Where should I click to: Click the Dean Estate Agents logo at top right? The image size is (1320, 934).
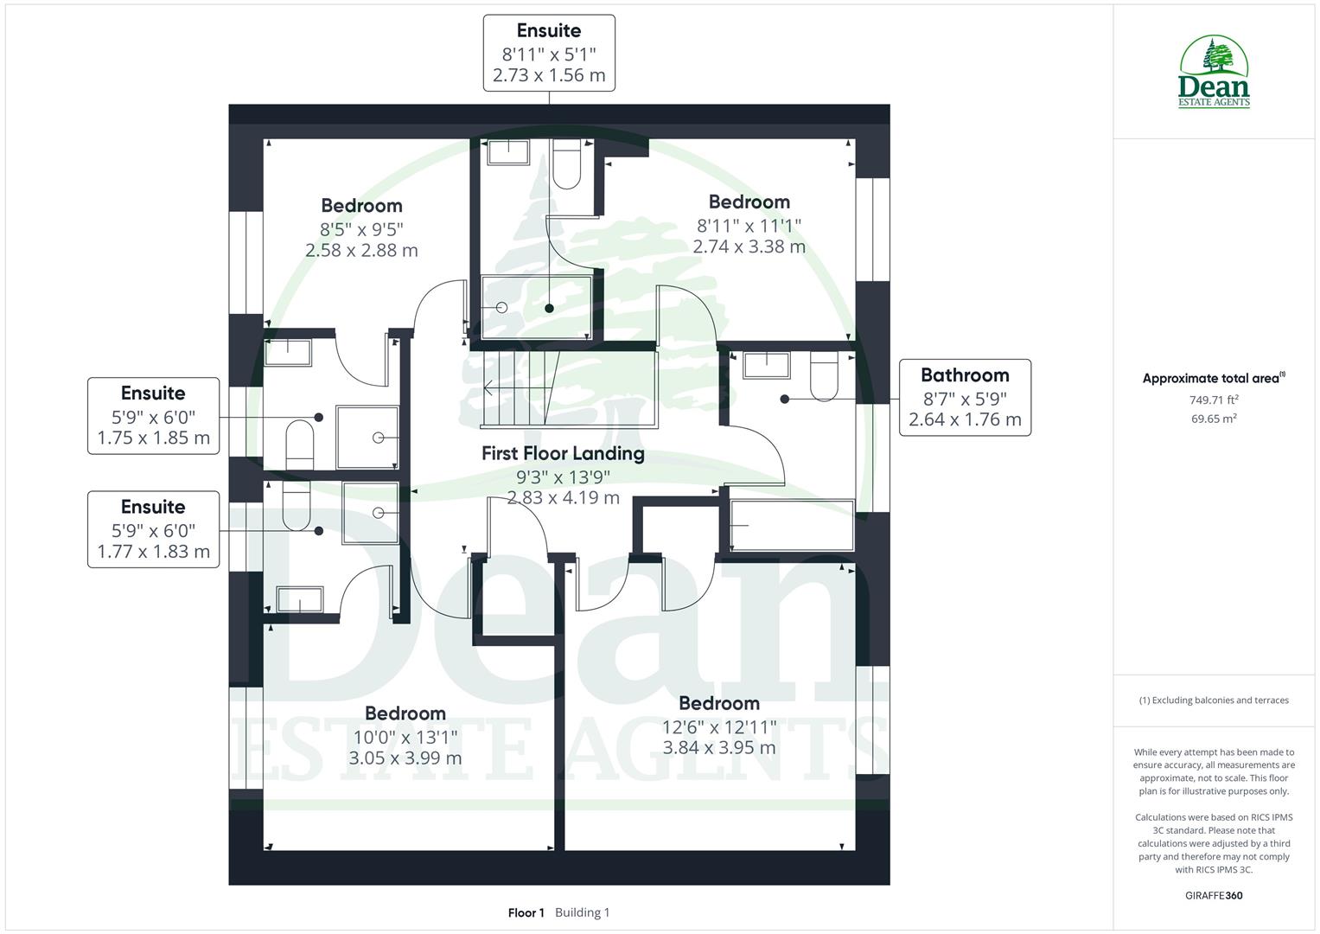(x=1214, y=73)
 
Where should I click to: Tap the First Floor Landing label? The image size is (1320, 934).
(x=563, y=453)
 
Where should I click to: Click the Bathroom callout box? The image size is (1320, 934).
(x=965, y=398)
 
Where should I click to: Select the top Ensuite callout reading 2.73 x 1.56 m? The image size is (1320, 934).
(x=549, y=53)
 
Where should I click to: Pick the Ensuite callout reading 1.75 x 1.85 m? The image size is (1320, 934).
(x=153, y=415)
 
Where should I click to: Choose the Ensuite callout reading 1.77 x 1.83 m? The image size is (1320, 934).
(x=153, y=529)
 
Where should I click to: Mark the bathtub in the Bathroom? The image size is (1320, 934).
(x=792, y=525)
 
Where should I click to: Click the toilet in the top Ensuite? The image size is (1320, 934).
(x=567, y=164)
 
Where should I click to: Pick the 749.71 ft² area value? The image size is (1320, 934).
(x=1214, y=400)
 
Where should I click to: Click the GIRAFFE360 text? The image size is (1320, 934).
(x=1214, y=895)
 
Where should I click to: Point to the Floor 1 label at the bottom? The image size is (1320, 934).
(x=526, y=912)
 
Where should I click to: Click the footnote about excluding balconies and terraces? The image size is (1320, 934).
(x=1214, y=700)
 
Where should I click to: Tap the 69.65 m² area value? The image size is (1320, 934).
(x=1214, y=419)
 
